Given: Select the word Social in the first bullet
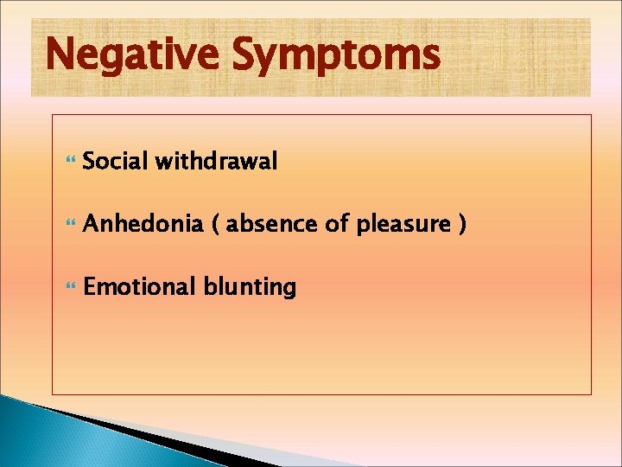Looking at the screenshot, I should point(114,161).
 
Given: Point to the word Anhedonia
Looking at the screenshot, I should point(143,224).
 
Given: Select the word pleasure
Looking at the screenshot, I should point(403,225).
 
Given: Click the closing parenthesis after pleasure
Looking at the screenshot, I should point(463,225).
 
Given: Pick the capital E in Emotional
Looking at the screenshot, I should point(90,287).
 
